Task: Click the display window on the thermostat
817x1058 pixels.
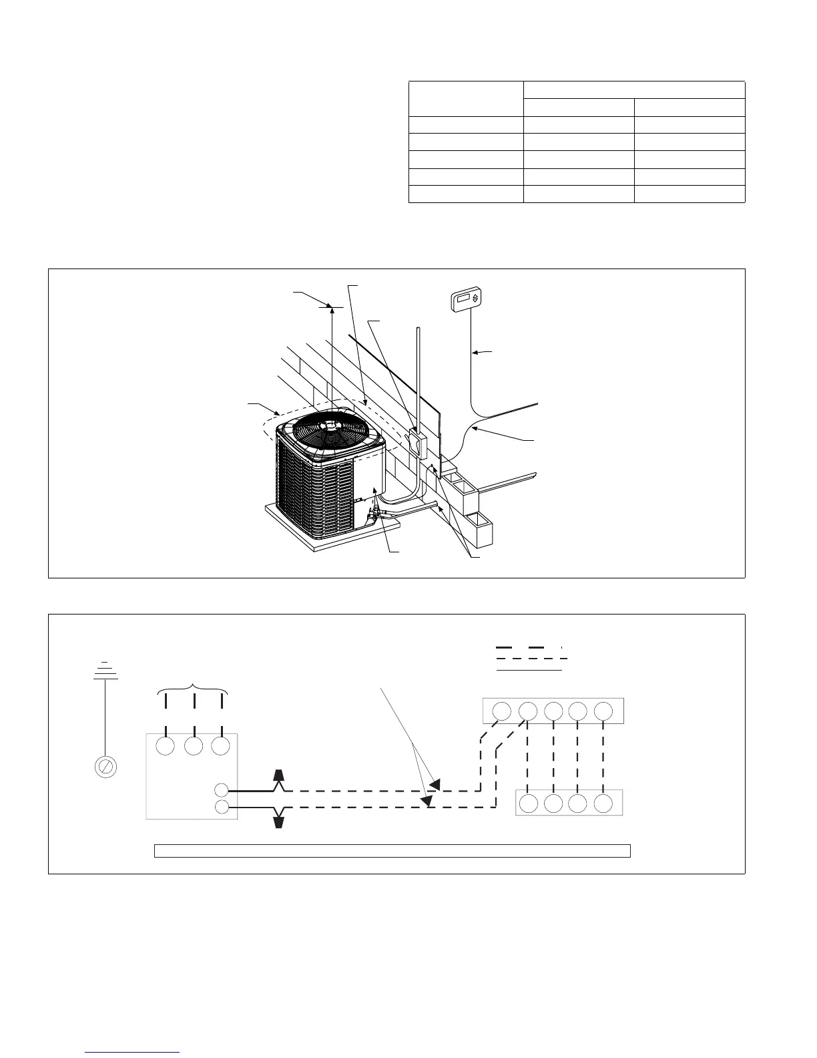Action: click(463, 301)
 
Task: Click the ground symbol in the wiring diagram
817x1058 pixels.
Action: click(105, 671)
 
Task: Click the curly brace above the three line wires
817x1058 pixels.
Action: click(194, 688)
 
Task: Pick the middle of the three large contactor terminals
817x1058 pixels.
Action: click(194, 746)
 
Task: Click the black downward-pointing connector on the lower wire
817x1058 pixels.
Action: click(280, 820)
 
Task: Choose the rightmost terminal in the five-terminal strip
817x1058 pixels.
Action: click(603, 711)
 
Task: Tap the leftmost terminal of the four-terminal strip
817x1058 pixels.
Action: click(529, 803)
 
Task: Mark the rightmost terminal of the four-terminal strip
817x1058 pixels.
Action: click(603, 803)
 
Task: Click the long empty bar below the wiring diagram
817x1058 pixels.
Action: click(392, 850)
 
